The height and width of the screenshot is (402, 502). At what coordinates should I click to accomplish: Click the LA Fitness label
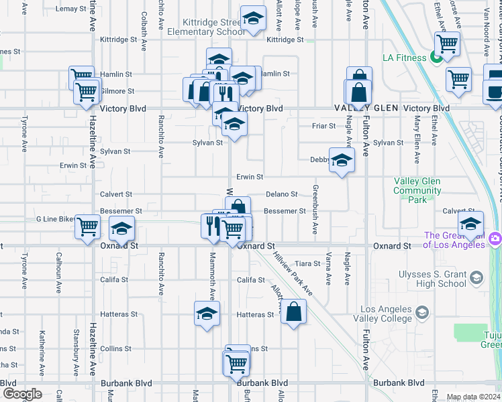point(404,58)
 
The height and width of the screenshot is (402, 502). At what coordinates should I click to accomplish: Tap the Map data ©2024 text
point(473,396)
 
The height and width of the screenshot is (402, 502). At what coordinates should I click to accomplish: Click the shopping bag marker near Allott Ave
point(294,312)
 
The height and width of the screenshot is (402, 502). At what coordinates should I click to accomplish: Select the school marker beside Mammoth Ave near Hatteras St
point(207,314)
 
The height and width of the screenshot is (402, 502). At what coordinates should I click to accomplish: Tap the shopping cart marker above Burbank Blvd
point(236,364)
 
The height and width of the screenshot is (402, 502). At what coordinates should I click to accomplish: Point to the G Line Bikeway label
point(56,219)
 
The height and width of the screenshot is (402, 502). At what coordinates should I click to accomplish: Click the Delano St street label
point(281,194)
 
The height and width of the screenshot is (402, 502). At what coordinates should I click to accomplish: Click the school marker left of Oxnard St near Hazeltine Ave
point(121,229)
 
